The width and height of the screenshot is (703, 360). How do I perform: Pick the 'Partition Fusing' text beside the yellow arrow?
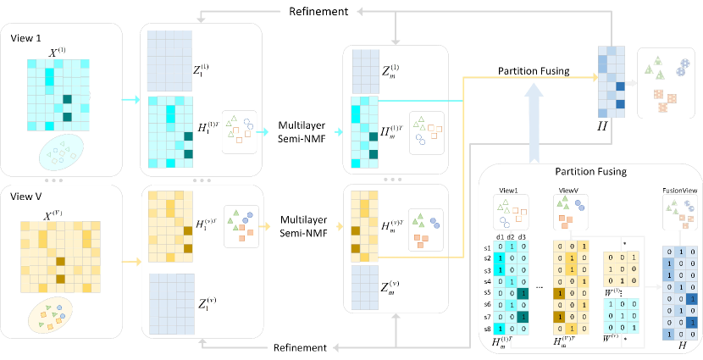click(534, 71)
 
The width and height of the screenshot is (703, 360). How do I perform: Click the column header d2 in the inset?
click(511, 235)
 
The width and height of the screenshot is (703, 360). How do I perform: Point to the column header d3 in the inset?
click(524, 235)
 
